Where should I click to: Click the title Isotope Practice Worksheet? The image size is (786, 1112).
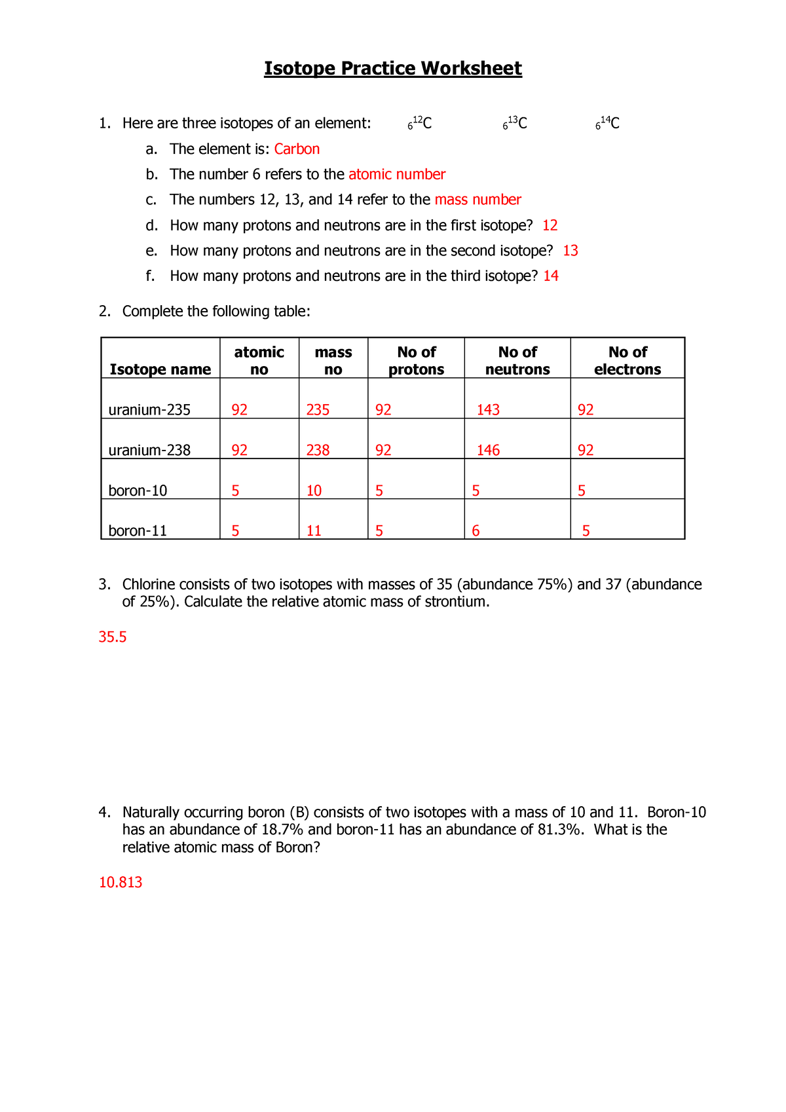click(392, 69)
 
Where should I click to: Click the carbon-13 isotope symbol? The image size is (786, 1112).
click(515, 123)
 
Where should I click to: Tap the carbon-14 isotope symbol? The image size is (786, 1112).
click(607, 123)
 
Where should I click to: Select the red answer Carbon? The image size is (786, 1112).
click(297, 149)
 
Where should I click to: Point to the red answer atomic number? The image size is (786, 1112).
click(397, 174)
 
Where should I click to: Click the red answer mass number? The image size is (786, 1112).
click(477, 200)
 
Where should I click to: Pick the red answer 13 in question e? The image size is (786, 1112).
click(570, 251)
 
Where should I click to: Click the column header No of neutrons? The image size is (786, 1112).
click(517, 361)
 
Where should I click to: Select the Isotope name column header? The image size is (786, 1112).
click(160, 369)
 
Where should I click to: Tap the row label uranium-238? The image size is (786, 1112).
click(149, 451)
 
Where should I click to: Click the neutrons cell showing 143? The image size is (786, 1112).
click(488, 410)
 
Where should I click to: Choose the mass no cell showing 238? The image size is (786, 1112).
click(318, 451)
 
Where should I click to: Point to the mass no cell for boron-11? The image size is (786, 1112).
click(314, 531)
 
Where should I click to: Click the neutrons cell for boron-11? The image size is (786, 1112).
click(476, 531)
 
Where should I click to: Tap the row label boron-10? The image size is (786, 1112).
click(138, 491)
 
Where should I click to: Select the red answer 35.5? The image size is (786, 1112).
click(112, 637)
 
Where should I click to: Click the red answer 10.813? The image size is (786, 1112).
click(121, 883)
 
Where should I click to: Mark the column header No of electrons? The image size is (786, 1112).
click(627, 361)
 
